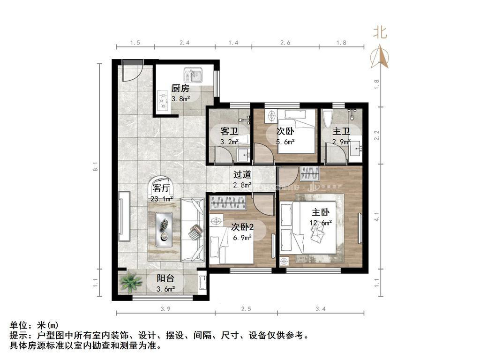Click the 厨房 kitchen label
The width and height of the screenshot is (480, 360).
(180, 88)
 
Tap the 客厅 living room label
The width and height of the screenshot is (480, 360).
(161, 189)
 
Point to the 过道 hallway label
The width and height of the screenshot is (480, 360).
(242, 175)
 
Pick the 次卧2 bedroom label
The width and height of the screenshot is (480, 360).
(242, 227)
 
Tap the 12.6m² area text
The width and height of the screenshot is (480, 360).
(321, 223)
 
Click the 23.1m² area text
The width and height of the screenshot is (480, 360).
(161, 199)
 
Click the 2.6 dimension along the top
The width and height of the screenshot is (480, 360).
(285, 43)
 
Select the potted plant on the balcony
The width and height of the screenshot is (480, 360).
(130, 282)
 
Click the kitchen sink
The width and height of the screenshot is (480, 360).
(193, 75)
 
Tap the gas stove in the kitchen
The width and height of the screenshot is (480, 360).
(163, 99)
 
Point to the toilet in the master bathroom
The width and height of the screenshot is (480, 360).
(327, 116)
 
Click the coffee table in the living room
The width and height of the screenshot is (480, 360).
(164, 227)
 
